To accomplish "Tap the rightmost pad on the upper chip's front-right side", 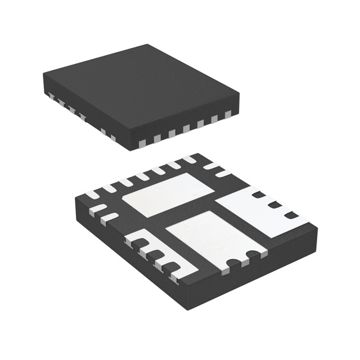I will click(228, 115).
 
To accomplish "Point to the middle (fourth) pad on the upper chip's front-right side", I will click(186, 127).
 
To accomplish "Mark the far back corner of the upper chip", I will click(147, 45).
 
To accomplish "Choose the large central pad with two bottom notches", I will click(211, 236).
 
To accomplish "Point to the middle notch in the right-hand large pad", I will click(275, 205).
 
